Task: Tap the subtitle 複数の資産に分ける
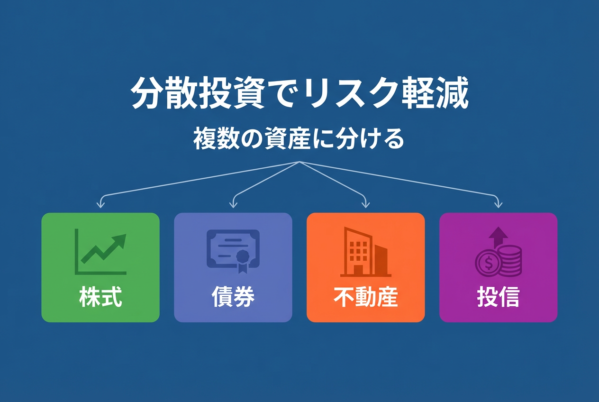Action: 299,139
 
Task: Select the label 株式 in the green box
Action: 100,296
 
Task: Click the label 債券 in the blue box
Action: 233,296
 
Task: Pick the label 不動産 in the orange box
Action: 365,296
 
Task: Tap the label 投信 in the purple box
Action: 498,296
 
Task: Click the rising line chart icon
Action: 100,252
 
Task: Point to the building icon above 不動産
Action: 365,252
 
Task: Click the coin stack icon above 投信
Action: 498,252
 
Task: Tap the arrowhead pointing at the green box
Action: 100,205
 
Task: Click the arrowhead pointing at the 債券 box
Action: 233,205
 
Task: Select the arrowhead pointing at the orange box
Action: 365,205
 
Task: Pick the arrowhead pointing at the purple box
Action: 498,205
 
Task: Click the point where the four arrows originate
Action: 299,162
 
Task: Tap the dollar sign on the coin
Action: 489,263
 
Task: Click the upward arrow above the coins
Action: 498,237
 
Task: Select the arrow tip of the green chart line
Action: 126,235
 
